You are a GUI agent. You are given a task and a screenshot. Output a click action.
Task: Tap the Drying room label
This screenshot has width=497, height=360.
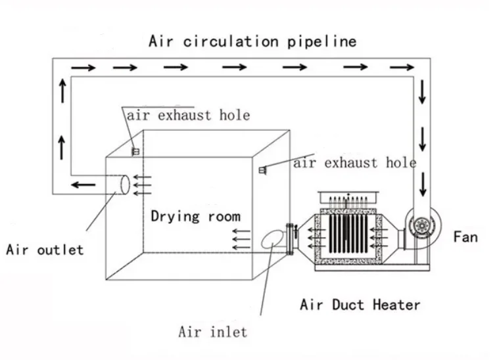click(195, 216)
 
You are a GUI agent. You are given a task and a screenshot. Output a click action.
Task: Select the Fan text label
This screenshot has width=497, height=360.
click(465, 236)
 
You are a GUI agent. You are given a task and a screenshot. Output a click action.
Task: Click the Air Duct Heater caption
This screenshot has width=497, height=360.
click(360, 304)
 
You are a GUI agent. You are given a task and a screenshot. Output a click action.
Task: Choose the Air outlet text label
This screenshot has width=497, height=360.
click(45, 250)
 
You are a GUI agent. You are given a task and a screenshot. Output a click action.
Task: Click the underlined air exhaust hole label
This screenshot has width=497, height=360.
click(189, 115)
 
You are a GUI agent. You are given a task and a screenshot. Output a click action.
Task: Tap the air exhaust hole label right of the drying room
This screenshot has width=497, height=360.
click(354, 162)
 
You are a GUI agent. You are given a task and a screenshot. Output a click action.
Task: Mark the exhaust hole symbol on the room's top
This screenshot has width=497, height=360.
click(135, 151)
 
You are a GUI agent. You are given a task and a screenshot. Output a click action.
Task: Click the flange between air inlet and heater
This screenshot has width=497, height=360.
click(289, 240)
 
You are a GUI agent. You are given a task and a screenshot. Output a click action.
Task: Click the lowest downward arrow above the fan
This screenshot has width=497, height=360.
click(422, 177)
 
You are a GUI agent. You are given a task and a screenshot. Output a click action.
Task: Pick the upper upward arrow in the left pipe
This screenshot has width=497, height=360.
click(61, 88)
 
